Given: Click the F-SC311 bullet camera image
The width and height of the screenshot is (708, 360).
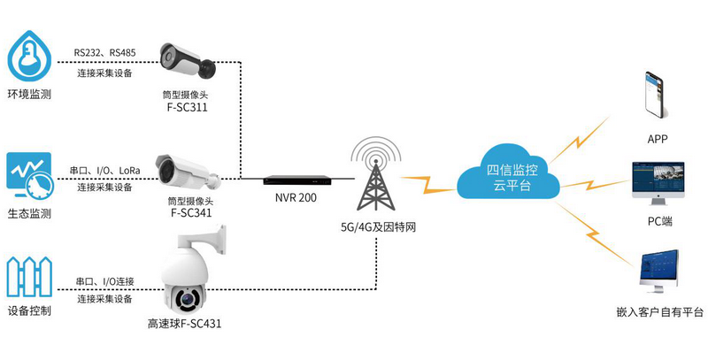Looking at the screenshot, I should (x=188, y=60).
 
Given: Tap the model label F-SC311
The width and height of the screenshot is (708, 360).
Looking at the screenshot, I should (x=187, y=107).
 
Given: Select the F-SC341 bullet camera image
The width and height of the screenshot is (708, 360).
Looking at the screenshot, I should (x=186, y=168).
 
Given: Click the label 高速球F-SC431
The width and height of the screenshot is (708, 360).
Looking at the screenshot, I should (x=185, y=324).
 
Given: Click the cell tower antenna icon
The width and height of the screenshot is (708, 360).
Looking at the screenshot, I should (x=378, y=173).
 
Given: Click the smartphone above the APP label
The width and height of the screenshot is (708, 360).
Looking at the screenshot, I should (x=656, y=94).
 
